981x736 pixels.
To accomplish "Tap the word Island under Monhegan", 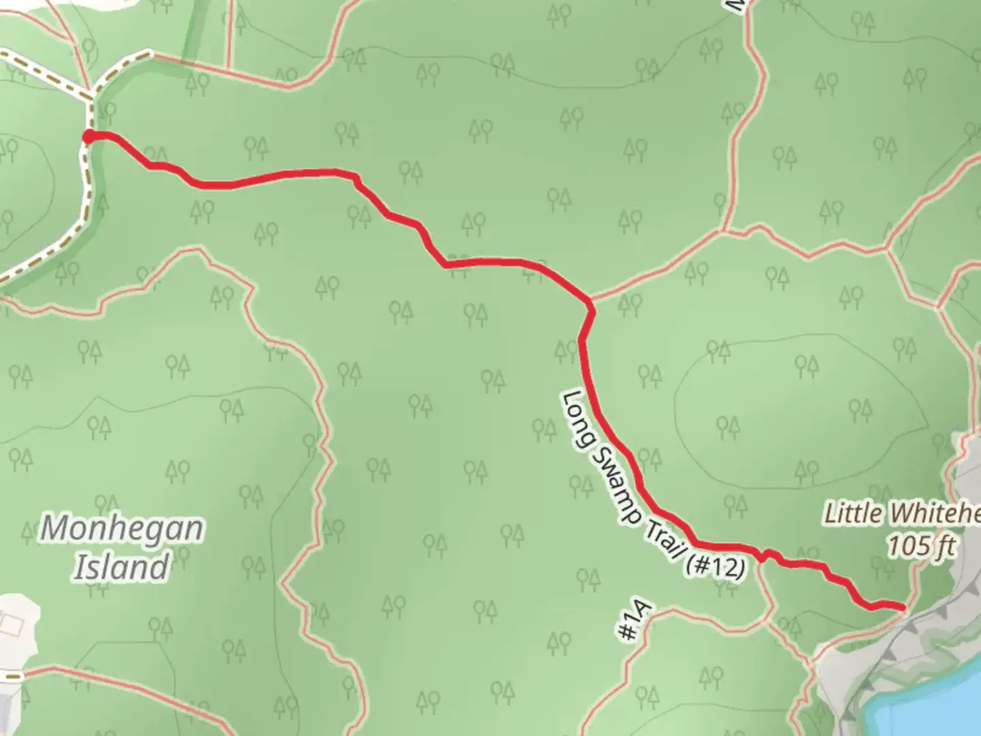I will [121, 567].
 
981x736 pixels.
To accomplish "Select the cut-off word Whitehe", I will [936, 514].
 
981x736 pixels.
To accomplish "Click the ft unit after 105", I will [944, 546].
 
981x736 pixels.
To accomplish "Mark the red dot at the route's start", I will [89, 137].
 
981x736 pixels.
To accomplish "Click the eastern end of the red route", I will [903, 607].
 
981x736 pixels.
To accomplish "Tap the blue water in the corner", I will [933, 702].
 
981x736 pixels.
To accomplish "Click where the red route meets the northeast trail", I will [589, 301].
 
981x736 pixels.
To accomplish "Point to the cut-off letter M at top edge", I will [732, 5].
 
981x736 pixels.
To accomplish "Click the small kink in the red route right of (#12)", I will [768, 555].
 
